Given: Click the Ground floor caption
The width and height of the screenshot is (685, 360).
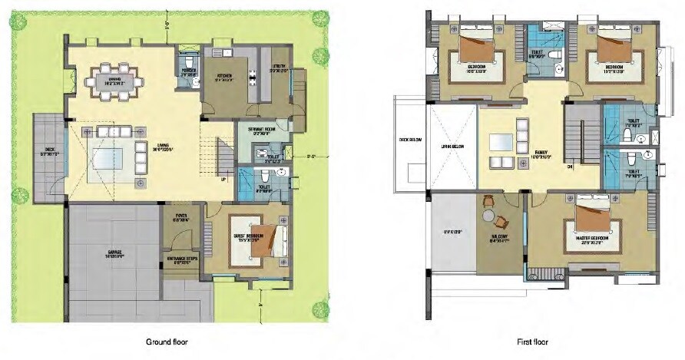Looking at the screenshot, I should [x=167, y=342].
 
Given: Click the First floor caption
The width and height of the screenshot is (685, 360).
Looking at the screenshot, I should [x=531, y=342].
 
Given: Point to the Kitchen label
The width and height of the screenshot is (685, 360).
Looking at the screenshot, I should [x=224, y=76].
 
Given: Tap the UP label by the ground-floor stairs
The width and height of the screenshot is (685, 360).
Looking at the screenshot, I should [x=223, y=180].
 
